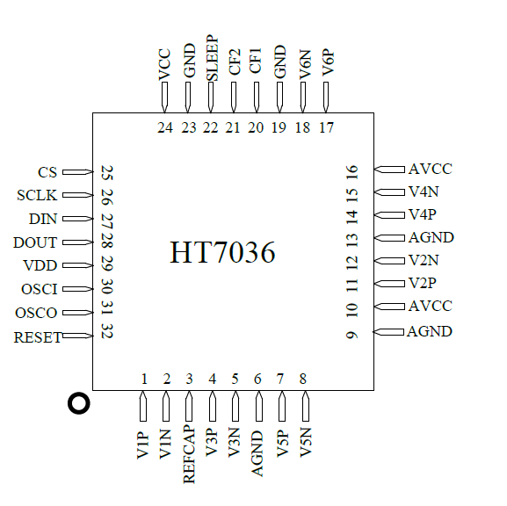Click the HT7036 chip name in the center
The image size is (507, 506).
pyautogui.click(x=222, y=253)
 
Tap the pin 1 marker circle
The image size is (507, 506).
pyautogui.click(x=79, y=403)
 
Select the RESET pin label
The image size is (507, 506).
pyautogui.click(x=38, y=336)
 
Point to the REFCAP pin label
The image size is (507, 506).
pyautogui.click(x=190, y=455)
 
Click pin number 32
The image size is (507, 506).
pyautogui.click(x=107, y=331)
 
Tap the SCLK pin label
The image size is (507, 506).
pyautogui.click(x=37, y=196)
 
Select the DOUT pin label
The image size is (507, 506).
pyautogui.click(x=36, y=242)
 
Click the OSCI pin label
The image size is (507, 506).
pyautogui.click(x=39, y=289)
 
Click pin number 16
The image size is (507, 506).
pyautogui.click(x=351, y=172)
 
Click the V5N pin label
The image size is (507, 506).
pyautogui.click(x=306, y=443)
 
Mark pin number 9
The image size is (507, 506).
pyautogui.click(x=351, y=334)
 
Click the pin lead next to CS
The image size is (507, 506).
pyautogui.click(x=77, y=173)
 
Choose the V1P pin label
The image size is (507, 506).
pyautogui.click(x=143, y=443)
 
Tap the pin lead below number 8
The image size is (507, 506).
pyautogui.click(x=305, y=406)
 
